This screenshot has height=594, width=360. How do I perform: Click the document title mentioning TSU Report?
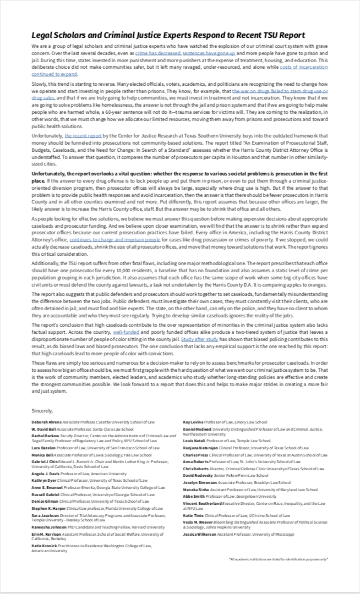168,35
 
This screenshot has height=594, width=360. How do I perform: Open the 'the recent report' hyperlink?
83,135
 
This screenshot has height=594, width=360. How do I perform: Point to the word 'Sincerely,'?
42,410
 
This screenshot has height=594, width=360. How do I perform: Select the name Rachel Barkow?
44,435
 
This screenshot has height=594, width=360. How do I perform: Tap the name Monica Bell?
42,455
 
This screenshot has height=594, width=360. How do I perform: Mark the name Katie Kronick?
43,546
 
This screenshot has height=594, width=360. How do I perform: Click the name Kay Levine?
193,422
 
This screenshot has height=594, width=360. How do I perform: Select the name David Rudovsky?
198,475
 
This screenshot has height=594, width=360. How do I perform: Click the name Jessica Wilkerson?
200,534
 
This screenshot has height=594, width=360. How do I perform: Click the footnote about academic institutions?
278,559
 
